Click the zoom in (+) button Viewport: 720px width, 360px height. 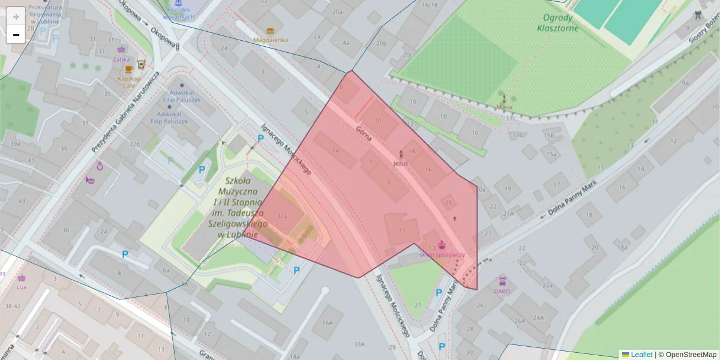click(x=16, y=17)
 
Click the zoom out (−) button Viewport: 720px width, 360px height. click(x=16, y=35)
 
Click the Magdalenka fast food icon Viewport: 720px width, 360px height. click(x=270, y=31)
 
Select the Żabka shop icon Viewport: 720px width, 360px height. click(x=122, y=50)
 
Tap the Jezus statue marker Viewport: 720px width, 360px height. click(x=401, y=154)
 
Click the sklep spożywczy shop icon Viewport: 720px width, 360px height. click(x=442, y=245)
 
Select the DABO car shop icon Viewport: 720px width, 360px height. click(x=502, y=281)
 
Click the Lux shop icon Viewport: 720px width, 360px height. click(x=22, y=278)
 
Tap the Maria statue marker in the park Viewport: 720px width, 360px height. click(x=504, y=98)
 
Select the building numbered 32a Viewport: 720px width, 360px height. click(x=282, y=216)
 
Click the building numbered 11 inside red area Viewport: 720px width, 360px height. click(x=401, y=230)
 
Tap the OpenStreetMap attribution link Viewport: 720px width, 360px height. click(x=686, y=355)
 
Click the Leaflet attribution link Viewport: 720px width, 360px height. click(x=641, y=355)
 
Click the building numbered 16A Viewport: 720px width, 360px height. click(x=326, y=322)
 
